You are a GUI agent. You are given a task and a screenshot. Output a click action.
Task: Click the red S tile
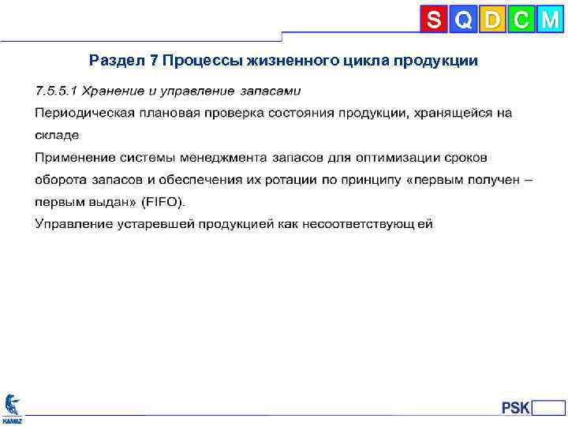[x=434, y=20]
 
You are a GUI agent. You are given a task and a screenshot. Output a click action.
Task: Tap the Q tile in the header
[x=463, y=20]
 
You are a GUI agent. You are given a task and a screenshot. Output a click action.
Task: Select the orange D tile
[x=492, y=20]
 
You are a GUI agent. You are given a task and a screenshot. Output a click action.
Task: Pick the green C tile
[x=521, y=20]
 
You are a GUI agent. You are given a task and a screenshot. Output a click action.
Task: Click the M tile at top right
[x=549, y=20]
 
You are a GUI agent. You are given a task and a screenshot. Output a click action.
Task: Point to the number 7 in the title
[x=154, y=61]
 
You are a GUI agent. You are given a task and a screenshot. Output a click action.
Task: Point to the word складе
[x=57, y=135]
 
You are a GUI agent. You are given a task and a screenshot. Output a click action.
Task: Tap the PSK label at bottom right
[x=516, y=407]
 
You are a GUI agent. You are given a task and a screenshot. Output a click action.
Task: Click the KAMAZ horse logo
[x=12, y=406]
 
